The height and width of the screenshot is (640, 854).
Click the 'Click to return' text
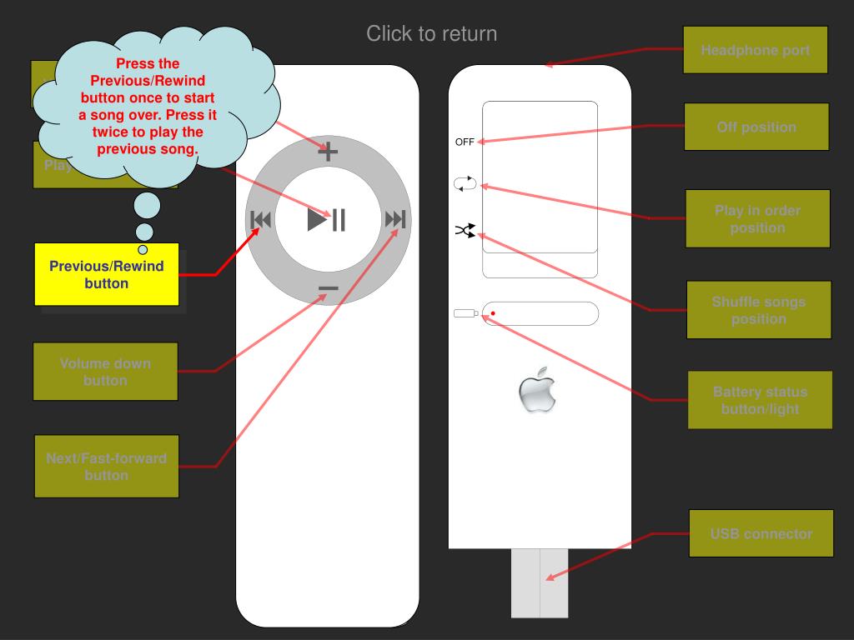click(x=431, y=34)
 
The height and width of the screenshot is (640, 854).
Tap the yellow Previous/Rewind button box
click(x=107, y=275)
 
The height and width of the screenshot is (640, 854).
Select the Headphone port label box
click(x=756, y=50)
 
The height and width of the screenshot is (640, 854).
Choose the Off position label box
click(x=756, y=127)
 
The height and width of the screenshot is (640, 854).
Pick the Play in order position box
click(x=757, y=218)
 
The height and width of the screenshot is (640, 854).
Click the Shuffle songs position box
click(x=759, y=310)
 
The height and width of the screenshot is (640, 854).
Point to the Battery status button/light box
click(x=760, y=400)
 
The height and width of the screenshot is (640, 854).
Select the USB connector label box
click(x=761, y=533)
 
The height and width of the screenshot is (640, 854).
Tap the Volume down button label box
click(x=106, y=372)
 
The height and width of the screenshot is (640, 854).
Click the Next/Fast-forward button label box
click(x=106, y=467)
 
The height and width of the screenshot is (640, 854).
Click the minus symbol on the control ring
click(x=328, y=288)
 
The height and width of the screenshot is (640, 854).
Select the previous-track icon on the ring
click(x=261, y=220)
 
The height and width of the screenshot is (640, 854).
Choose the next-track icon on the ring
click(x=394, y=220)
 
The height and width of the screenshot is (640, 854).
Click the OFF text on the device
click(x=465, y=142)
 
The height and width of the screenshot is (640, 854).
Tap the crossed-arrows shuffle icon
click(x=465, y=231)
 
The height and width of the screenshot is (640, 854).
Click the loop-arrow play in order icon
click(x=465, y=184)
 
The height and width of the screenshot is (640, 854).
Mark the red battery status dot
click(x=493, y=313)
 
